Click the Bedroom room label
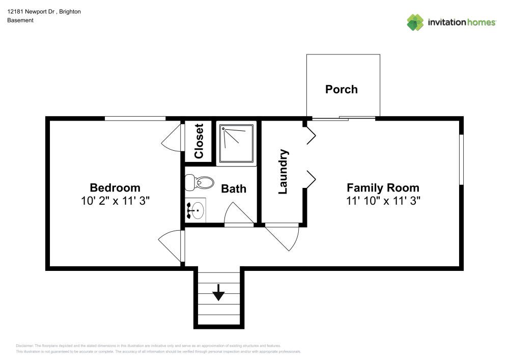point(115,187)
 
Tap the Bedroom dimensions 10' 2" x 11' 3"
point(115,201)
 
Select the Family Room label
point(383,187)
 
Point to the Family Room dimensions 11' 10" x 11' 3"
point(383,201)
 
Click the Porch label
point(341,89)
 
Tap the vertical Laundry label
point(284,172)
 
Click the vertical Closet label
point(199,141)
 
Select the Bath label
point(234,188)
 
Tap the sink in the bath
point(195,210)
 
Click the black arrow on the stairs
point(218,293)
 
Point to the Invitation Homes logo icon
point(415,22)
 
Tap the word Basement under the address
point(20,20)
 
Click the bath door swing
point(237,213)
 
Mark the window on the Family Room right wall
point(461,159)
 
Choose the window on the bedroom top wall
point(135,119)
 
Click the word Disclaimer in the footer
point(24,345)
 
